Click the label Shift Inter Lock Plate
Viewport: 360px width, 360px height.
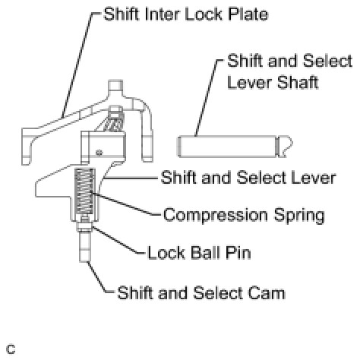pyautogui.click(x=185, y=14)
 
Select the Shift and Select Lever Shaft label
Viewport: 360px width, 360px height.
pyautogui.click(x=289, y=71)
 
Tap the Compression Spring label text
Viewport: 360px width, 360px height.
pyautogui.click(x=244, y=215)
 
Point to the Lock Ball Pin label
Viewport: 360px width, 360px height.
pyautogui.click(x=199, y=253)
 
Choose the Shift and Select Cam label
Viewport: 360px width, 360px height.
pyautogui.click(x=201, y=293)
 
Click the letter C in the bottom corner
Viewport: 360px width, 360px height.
pyautogui.click(x=11, y=349)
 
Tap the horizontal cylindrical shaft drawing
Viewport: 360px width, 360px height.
pyautogui.click(x=235, y=147)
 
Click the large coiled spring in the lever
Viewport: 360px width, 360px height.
pyautogui.click(x=85, y=191)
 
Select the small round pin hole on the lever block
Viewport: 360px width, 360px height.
pyautogui.click(x=99, y=153)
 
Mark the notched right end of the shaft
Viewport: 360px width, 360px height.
pyautogui.click(x=285, y=147)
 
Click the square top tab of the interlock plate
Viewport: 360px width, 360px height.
pyautogui.click(x=115, y=87)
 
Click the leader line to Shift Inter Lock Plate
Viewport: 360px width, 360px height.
pyautogui.click(x=78, y=65)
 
